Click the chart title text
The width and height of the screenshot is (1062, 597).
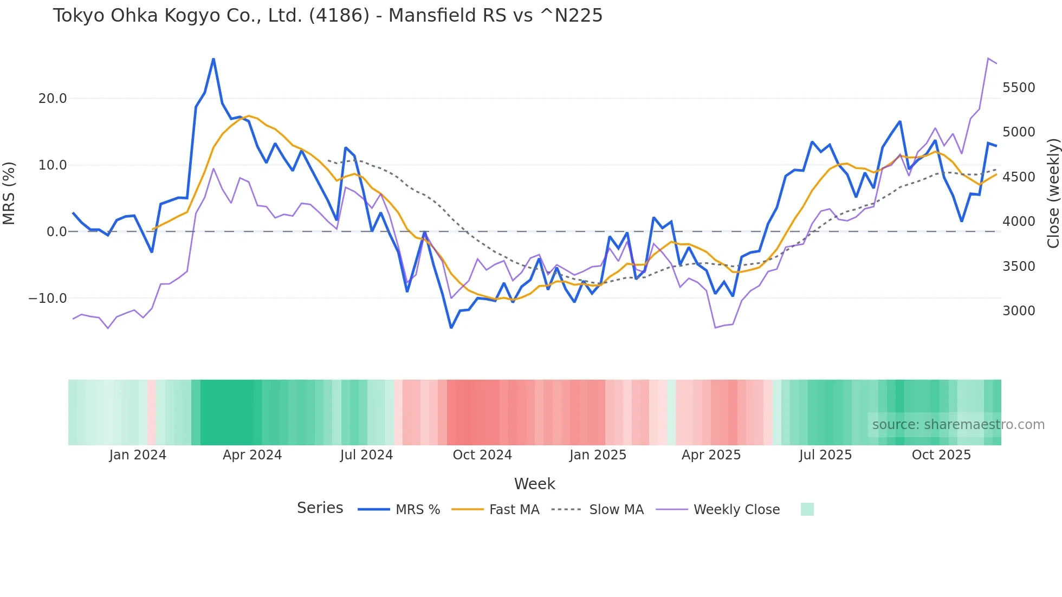(327, 16)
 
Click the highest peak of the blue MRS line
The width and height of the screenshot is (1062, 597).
(213, 59)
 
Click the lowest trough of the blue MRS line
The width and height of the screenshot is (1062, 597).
(451, 327)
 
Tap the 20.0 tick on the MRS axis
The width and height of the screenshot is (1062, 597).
(53, 99)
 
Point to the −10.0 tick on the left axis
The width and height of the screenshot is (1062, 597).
(48, 298)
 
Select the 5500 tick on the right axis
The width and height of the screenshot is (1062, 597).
(1019, 88)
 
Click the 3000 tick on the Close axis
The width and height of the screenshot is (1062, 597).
(1019, 311)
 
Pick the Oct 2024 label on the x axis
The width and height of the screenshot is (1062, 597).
(482, 455)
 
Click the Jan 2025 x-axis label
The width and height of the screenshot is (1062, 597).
(598, 455)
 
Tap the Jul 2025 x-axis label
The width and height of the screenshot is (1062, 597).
(825, 455)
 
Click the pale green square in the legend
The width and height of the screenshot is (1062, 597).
(807, 509)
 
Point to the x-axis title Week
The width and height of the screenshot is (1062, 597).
(534, 484)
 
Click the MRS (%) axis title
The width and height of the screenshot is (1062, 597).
(9, 193)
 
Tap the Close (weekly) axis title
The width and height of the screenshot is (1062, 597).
(1053, 193)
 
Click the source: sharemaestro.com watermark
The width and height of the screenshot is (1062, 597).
(958, 425)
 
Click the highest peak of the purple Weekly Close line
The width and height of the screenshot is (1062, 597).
(988, 58)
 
